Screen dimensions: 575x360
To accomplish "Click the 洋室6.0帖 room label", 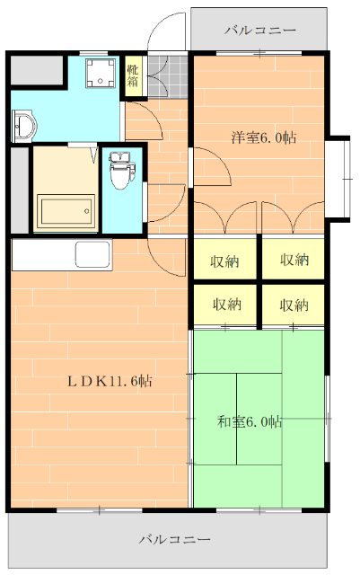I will [264, 137].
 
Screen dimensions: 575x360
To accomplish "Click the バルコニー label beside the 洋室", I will [259, 31].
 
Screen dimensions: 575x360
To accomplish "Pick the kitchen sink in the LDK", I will [92, 254].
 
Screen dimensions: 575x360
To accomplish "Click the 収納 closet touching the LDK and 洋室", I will [224, 261].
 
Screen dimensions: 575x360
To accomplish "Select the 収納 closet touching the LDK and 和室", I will [224, 305].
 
